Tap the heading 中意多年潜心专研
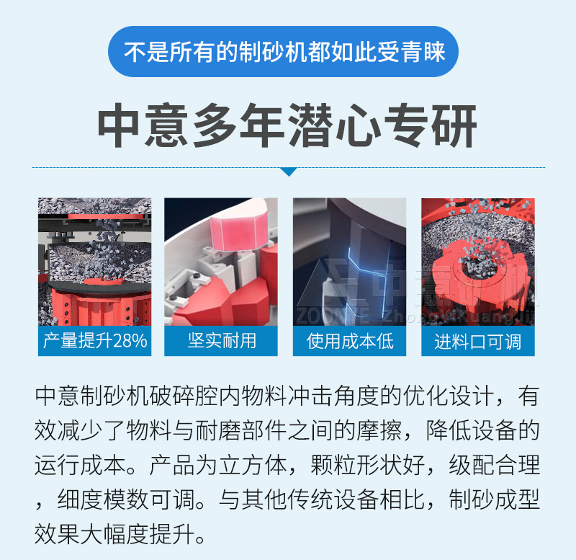[x=287, y=128]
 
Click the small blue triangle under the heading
[x=288, y=172]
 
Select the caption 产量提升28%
[x=95, y=341]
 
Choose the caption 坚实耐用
[x=222, y=341]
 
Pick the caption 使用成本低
[x=350, y=341]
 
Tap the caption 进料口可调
[x=478, y=341]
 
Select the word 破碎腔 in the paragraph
[x=173, y=397]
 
